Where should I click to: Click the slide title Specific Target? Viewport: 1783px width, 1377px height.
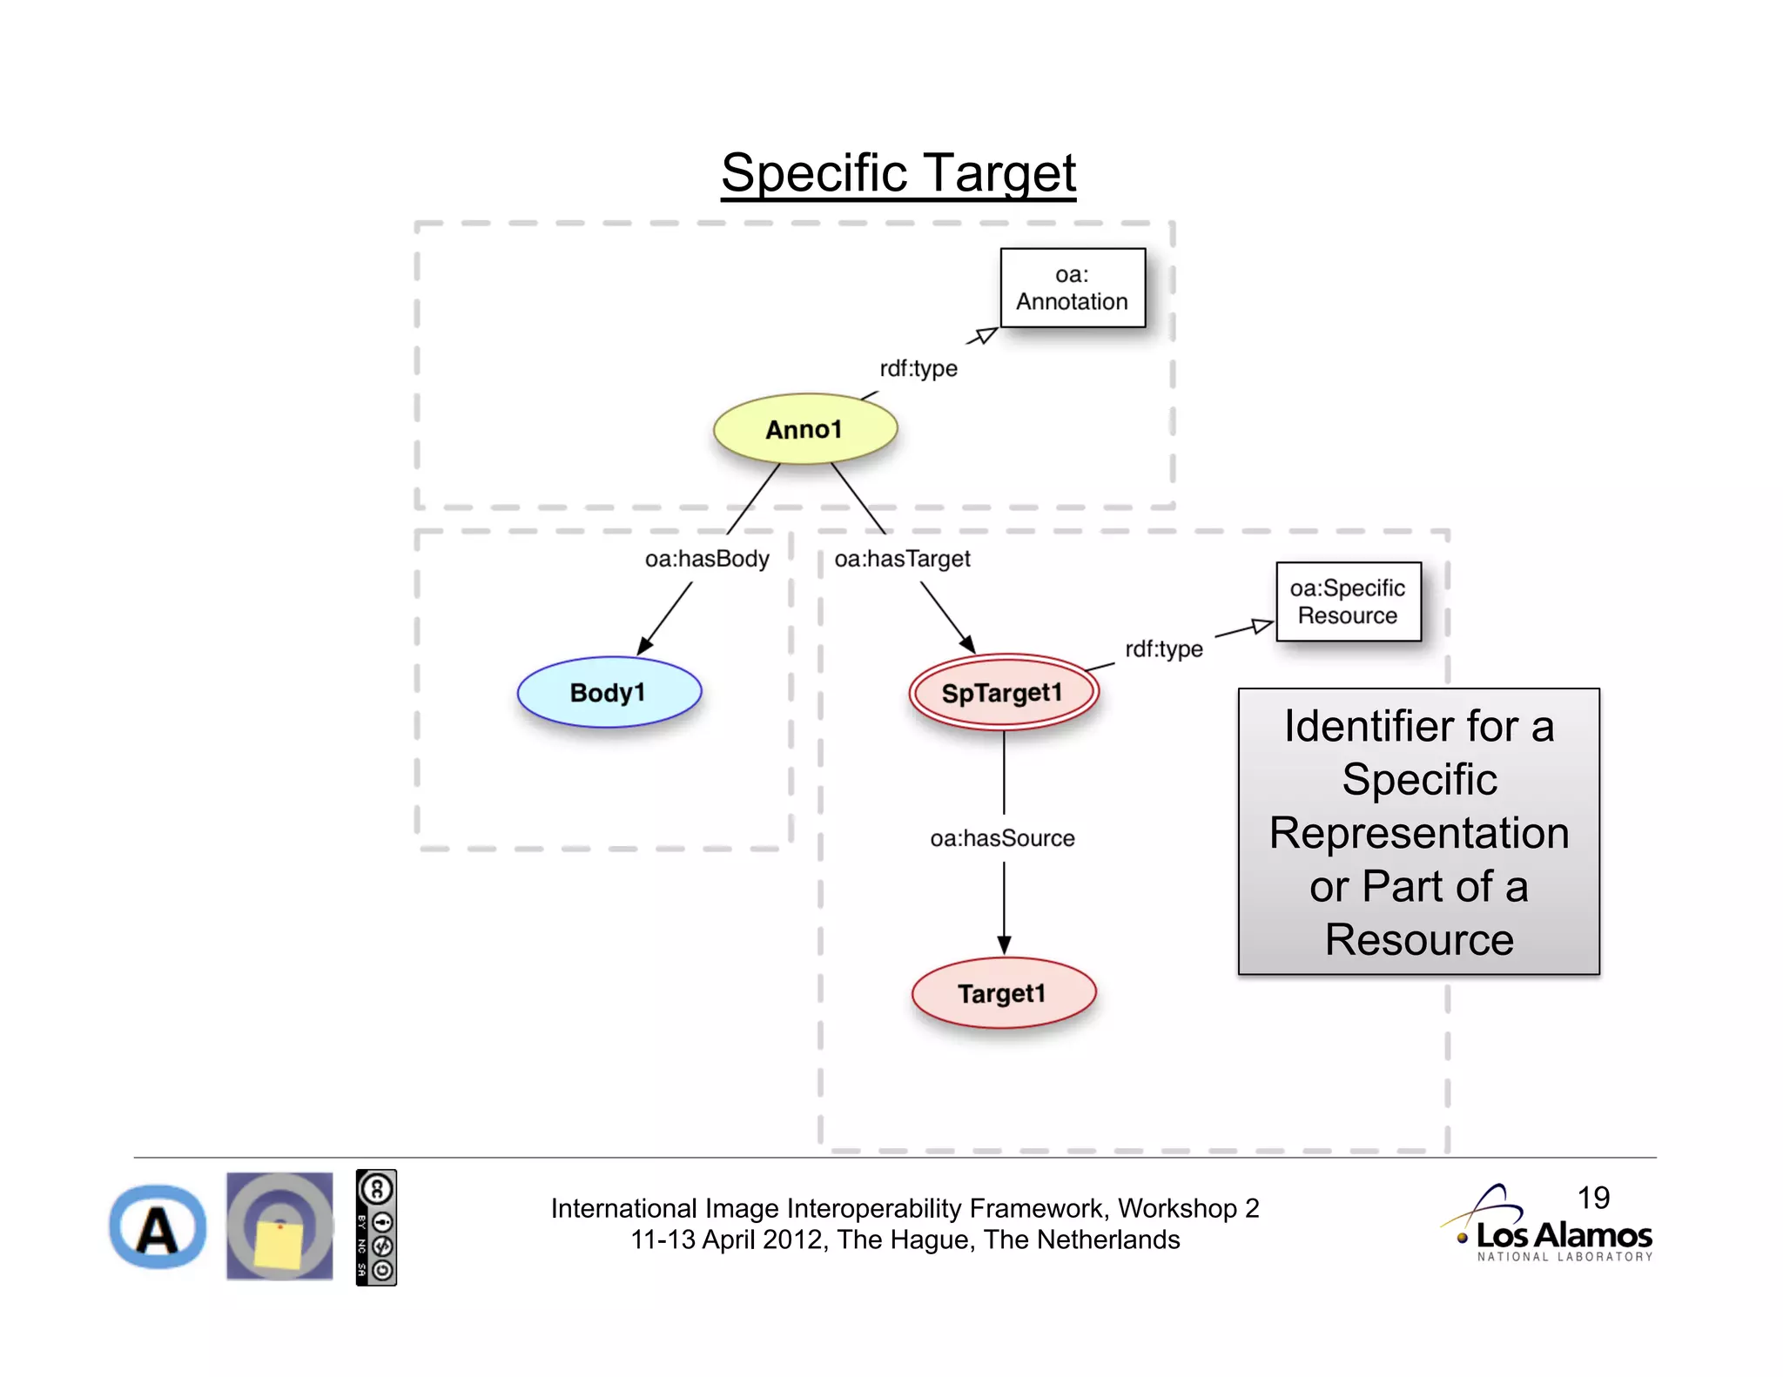898,172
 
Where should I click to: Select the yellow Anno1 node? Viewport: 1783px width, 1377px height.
804,429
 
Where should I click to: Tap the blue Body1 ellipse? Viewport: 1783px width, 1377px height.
609,693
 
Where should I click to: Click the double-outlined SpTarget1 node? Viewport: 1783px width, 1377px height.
1003,693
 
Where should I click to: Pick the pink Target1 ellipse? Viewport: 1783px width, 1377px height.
1003,993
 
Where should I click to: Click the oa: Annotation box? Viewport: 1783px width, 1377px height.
1072,288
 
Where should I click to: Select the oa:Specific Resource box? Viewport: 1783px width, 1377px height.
1348,601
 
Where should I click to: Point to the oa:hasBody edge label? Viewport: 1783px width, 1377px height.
707,559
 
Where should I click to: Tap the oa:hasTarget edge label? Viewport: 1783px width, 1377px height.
902,559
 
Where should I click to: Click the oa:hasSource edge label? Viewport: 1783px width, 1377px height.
1002,838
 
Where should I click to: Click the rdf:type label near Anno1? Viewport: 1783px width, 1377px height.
918,368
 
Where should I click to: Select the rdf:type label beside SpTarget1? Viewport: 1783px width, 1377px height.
1163,649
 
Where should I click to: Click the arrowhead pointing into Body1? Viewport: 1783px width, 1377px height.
645,645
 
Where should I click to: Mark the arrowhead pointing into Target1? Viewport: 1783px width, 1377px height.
1004,945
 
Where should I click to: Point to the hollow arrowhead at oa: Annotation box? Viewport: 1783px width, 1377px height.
986,335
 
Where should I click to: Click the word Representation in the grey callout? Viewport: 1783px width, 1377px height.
1419,833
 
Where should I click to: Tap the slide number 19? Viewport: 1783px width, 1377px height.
1593,1198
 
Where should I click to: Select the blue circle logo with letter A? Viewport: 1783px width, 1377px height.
158,1226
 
